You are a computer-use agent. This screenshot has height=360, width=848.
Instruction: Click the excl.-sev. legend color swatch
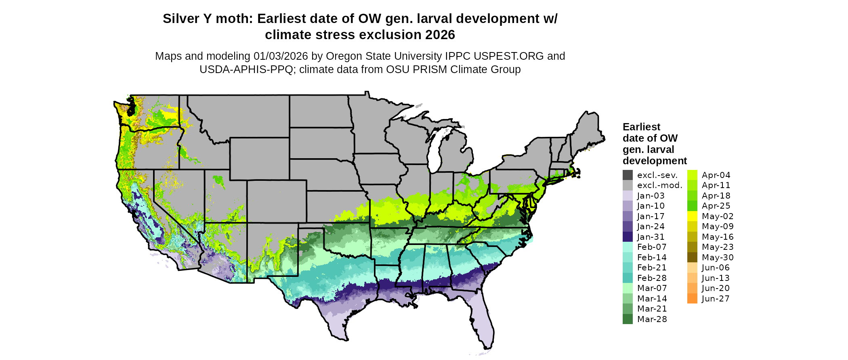point(628,175)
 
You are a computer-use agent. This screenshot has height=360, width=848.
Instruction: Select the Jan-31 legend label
point(651,237)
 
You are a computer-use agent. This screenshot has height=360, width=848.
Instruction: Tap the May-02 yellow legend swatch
point(692,216)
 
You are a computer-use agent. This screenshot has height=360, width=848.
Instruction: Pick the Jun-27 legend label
point(716,299)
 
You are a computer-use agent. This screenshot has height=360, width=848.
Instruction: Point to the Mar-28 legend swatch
point(628,319)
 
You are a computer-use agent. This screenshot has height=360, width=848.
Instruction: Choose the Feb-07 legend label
point(651,247)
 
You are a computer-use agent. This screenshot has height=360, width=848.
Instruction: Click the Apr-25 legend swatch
point(692,206)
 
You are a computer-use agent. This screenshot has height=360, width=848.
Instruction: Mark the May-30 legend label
point(718,257)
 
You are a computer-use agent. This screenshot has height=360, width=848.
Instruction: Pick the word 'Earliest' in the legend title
point(641,127)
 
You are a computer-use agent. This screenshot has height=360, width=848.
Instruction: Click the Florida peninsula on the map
point(483,323)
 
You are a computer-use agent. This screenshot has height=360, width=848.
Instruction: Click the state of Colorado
point(277,201)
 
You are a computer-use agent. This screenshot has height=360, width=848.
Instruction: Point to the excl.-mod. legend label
point(659,185)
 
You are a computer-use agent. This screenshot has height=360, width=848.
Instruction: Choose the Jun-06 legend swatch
point(692,268)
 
